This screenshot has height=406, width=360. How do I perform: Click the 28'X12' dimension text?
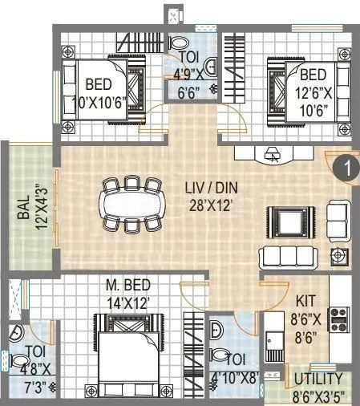point(211,205)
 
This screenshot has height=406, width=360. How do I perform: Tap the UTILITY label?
point(318,379)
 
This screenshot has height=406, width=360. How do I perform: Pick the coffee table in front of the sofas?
point(286,219)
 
